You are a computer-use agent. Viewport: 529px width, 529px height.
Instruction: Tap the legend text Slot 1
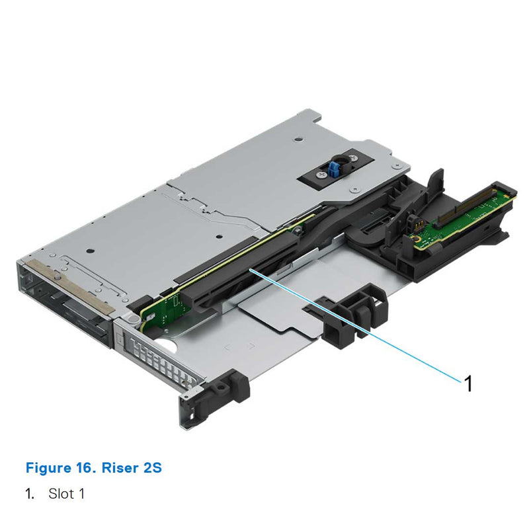[x=66, y=493]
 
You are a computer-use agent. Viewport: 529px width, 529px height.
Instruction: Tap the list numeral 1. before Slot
[x=30, y=493]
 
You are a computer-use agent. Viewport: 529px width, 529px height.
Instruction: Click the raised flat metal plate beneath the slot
[x=284, y=311]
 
